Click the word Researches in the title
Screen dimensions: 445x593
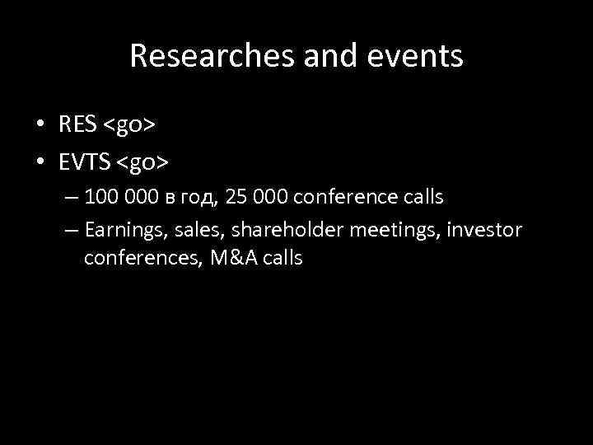(x=198, y=56)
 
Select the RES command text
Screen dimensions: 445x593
(x=78, y=124)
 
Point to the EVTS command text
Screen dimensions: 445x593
(x=84, y=162)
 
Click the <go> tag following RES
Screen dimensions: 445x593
(x=131, y=125)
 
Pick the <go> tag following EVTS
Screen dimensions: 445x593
(x=142, y=163)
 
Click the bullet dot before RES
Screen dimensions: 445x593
(x=40, y=125)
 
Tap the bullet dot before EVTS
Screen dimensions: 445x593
(x=40, y=163)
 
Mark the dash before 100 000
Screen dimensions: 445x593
(x=70, y=199)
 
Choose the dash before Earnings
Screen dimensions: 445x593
(x=70, y=230)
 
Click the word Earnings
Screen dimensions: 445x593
(x=120, y=230)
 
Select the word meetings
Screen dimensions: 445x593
(x=387, y=230)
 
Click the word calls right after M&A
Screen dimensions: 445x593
(x=284, y=258)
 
